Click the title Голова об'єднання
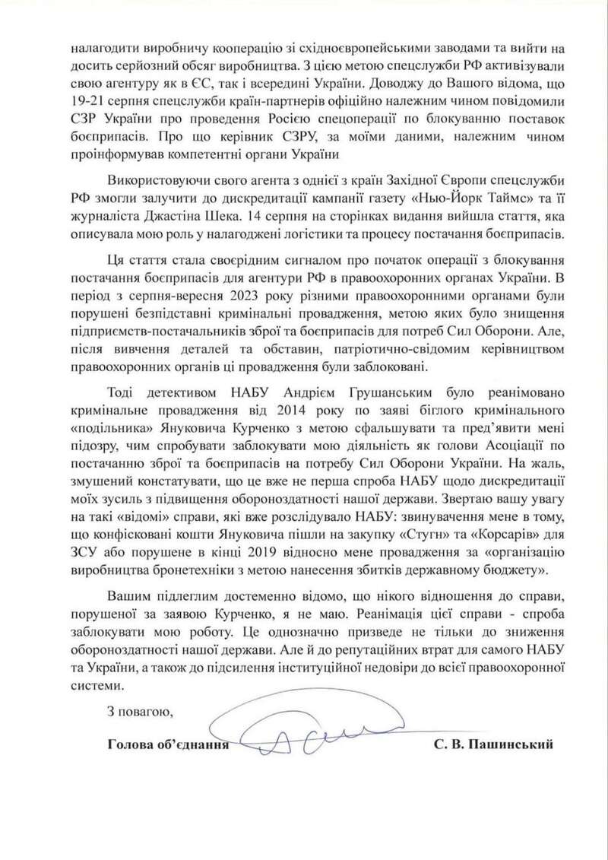pyautogui.click(x=166, y=744)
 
